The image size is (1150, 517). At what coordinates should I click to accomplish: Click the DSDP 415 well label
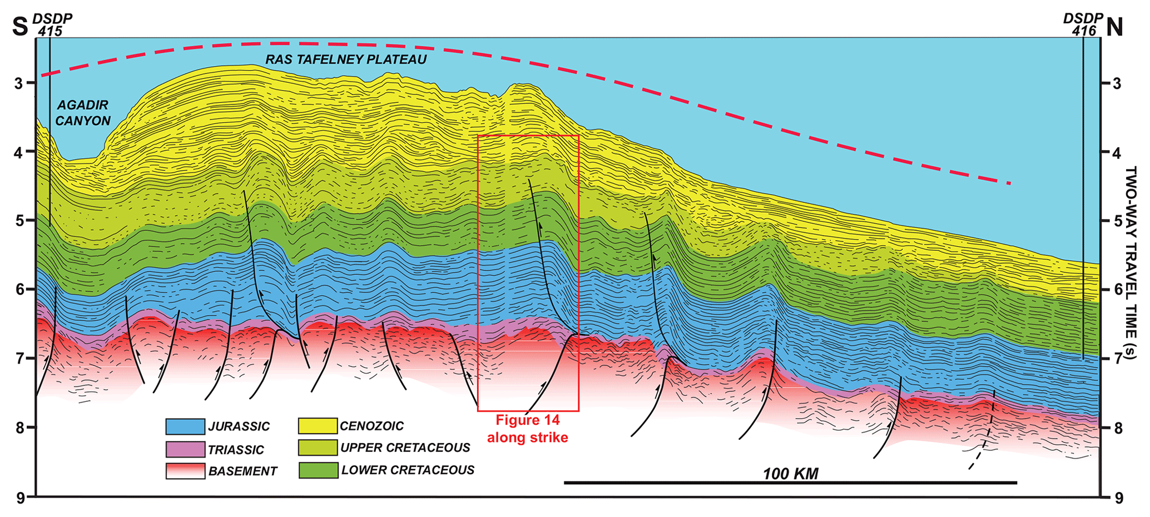pyautogui.click(x=52, y=24)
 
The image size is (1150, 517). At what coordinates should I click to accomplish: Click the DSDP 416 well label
pyautogui.click(x=1082, y=24)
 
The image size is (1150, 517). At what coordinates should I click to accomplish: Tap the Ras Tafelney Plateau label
pyautogui.click(x=346, y=59)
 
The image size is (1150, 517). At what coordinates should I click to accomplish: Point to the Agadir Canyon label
pyautogui.click(x=83, y=112)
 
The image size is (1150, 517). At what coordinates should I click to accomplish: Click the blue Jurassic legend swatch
pyautogui.click(x=185, y=426)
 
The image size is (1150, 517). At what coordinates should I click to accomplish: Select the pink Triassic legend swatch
pyautogui.click(x=185, y=449)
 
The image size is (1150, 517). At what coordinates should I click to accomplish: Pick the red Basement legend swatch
pyautogui.click(x=185, y=471)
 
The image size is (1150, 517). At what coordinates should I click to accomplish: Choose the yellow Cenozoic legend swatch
pyautogui.click(x=318, y=426)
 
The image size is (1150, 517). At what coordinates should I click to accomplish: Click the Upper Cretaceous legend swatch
pyautogui.click(x=318, y=448)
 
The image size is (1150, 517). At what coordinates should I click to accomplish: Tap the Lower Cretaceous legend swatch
pyautogui.click(x=318, y=470)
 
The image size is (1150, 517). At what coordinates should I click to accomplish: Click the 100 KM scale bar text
pyautogui.click(x=790, y=474)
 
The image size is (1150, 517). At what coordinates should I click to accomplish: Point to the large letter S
pyautogui.click(x=20, y=27)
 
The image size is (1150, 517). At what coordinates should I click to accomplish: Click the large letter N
pyautogui.click(x=1114, y=27)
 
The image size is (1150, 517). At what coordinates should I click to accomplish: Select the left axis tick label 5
pyautogui.click(x=20, y=221)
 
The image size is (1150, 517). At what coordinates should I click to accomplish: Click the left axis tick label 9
pyautogui.click(x=20, y=498)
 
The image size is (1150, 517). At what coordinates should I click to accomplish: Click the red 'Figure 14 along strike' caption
pyautogui.click(x=528, y=429)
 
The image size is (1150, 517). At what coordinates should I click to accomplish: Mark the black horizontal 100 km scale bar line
pyautogui.click(x=790, y=483)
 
